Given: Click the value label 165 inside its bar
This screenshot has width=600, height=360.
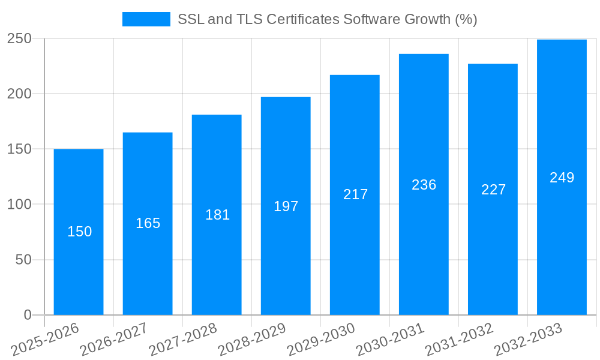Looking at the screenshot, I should tap(148, 223).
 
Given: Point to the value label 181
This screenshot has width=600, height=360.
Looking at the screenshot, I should tap(217, 215).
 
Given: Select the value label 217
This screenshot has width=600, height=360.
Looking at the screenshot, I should tap(355, 194).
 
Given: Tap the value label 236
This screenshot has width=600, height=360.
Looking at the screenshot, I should tap(424, 185).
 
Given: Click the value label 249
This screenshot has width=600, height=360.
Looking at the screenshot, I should tap(562, 178).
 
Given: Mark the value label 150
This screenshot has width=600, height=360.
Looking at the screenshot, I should tap(79, 232).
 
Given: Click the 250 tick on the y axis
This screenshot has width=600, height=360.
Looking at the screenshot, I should tap(19, 38).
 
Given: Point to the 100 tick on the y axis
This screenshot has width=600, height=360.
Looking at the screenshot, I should tap(19, 205).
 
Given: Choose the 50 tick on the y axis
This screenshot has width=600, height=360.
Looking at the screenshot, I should tap(23, 260).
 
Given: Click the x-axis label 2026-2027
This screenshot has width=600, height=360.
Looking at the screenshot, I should tap(114, 340).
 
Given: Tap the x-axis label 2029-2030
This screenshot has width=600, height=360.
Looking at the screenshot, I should tap(321, 340).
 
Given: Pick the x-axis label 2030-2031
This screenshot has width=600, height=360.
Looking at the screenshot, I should tap(390, 340).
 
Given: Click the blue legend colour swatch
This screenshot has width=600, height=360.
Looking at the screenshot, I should tap(146, 19).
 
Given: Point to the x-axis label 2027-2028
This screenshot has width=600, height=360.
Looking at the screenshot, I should tap(183, 340).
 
